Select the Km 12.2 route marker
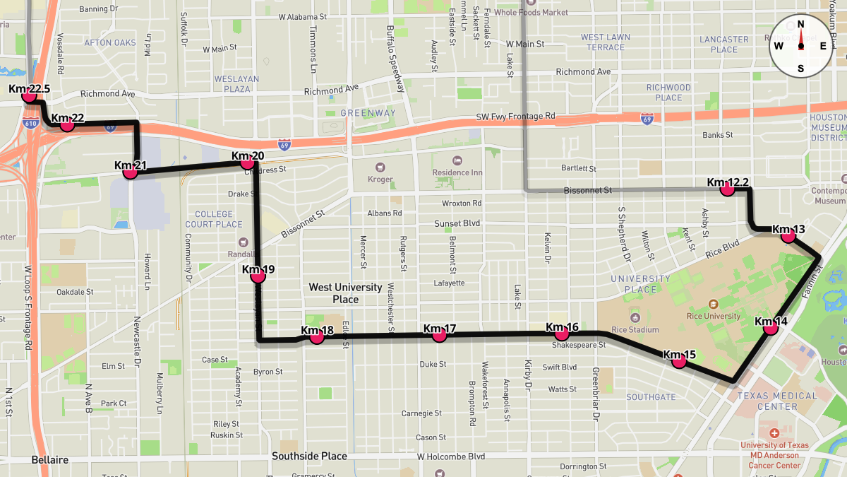click(x=726, y=189)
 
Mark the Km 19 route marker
click(x=258, y=276)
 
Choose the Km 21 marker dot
click(x=130, y=172)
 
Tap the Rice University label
click(x=713, y=316)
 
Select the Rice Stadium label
click(x=635, y=329)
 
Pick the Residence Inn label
click(x=457, y=172)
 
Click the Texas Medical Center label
click(x=776, y=401)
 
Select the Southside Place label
click(x=310, y=457)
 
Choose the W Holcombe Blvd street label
click(x=451, y=457)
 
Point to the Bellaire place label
click(x=49, y=460)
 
